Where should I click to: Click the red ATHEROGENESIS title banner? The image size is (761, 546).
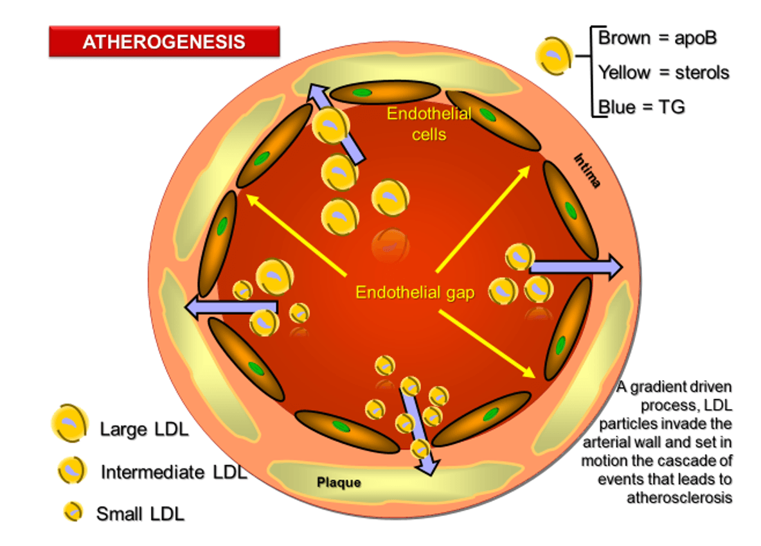click(x=164, y=42)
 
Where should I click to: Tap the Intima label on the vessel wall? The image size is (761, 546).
click(x=586, y=170)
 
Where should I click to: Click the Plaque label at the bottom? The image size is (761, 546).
click(x=339, y=482)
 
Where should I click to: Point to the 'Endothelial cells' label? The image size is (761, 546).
click(x=429, y=124)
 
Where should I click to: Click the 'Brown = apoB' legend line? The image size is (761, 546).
click(x=657, y=38)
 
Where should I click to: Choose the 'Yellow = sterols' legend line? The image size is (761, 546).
click(x=663, y=73)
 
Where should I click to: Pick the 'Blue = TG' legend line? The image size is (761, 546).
click(x=641, y=107)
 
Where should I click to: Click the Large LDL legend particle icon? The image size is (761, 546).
click(x=69, y=423)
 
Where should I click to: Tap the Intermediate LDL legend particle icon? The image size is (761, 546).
click(x=71, y=471)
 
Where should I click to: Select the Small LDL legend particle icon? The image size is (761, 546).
click(x=73, y=511)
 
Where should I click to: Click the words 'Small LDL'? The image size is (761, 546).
click(x=140, y=513)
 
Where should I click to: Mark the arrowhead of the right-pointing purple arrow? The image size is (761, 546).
click(x=614, y=266)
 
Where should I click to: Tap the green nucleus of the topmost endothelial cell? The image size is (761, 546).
click(x=363, y=93)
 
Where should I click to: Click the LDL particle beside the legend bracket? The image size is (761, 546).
click(x=554, y=57)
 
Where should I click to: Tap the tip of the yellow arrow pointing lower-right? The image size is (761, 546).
click(x=533, y=375)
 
